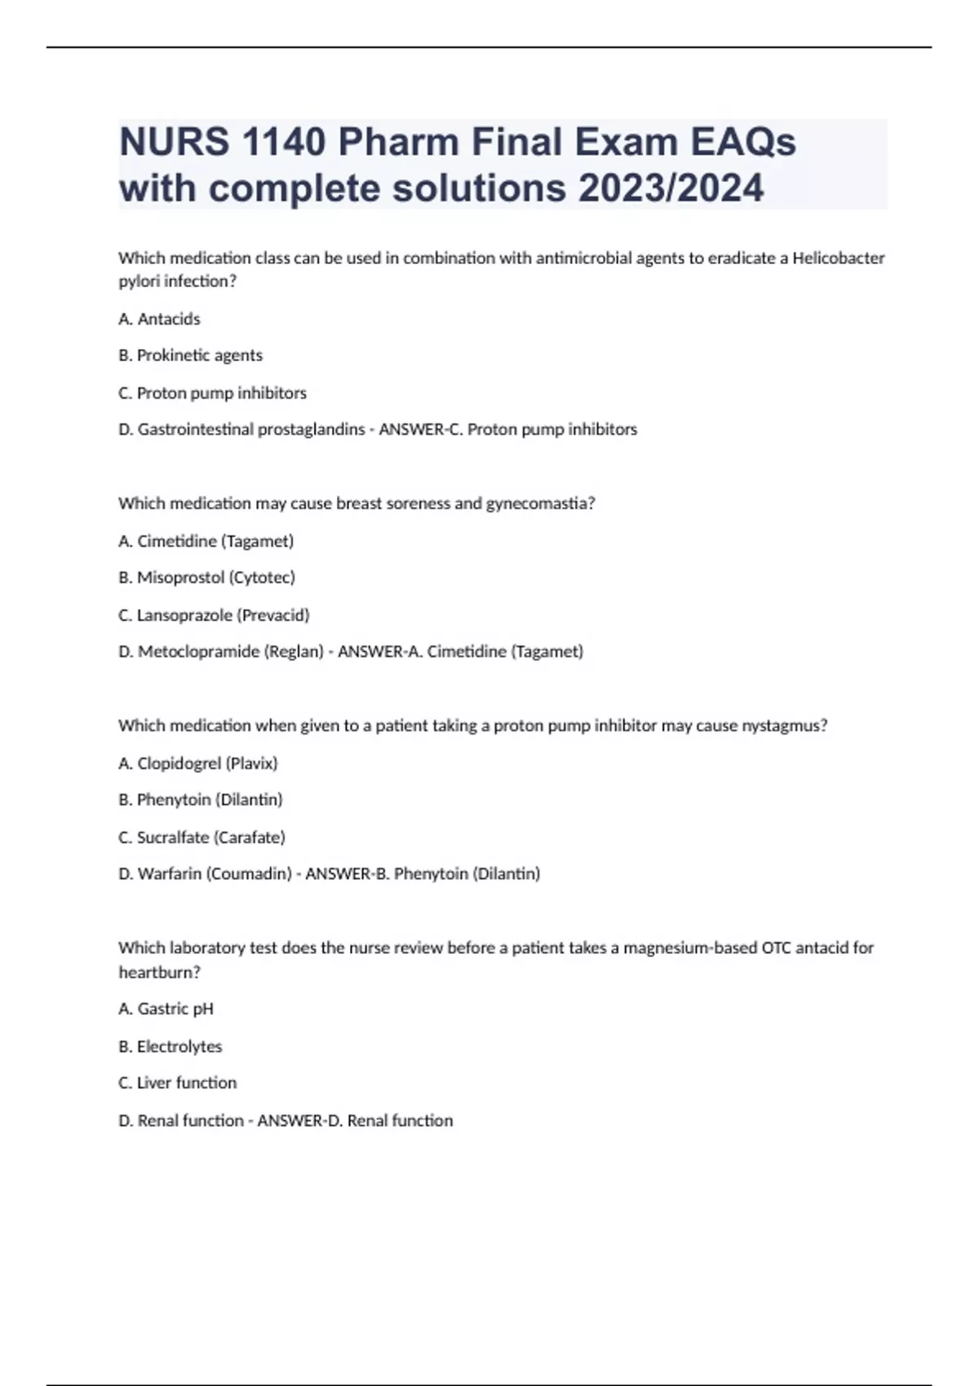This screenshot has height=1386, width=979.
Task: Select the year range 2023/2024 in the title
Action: pos(671,188)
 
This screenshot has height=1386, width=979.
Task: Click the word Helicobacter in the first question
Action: pos(839,258)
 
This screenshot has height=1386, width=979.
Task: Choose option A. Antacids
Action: pos(159,319)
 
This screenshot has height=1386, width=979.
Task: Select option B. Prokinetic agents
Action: pos(190,355)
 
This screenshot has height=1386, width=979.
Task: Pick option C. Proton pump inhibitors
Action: pos(212,393)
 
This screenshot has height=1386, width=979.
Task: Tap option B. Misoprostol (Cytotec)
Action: pos(206,577)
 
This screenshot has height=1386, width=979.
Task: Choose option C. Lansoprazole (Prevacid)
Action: pos(214,615)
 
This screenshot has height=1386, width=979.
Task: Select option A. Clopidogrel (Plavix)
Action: pos(197,763)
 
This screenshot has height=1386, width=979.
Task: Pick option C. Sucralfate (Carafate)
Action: pos(202,837)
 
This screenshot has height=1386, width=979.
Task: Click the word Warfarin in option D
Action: pos(169,874)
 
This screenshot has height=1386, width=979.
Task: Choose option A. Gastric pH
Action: pos(166,1009)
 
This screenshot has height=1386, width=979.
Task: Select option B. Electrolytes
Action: pos(170,1046)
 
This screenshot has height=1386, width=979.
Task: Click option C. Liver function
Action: pos(177,1083)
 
